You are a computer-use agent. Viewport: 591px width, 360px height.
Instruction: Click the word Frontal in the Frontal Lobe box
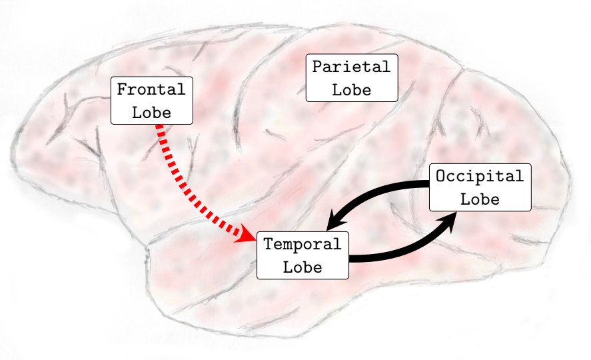[151, 89]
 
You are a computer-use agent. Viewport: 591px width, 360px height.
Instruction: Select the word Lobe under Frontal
[151, 112]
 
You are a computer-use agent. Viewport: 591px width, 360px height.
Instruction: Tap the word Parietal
[351, 67]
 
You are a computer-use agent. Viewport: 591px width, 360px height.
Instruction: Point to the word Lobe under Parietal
[351, 89]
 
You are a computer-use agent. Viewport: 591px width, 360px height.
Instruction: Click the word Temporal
[302, 244]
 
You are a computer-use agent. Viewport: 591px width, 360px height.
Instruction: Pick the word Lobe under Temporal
[302, 267]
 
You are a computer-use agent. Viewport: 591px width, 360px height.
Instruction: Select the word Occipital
[480, 177]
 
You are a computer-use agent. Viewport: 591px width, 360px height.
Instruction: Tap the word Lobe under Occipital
[480, 199]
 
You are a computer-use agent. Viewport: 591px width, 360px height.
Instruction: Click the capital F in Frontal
[122, 89]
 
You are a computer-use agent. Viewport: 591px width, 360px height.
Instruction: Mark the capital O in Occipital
[440, 177]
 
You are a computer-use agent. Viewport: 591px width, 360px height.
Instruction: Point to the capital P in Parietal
[317, 67]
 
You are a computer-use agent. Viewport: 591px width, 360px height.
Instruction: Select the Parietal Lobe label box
[352, 78]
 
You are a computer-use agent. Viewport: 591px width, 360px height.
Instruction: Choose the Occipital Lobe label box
[480, 187]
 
